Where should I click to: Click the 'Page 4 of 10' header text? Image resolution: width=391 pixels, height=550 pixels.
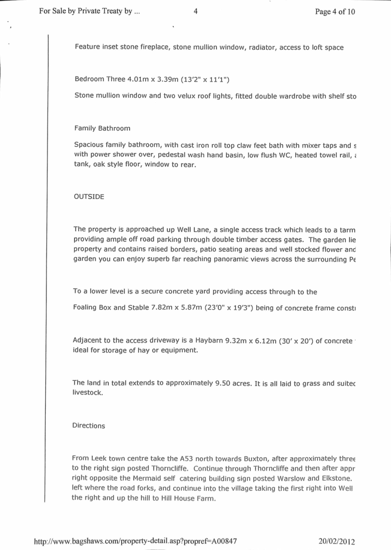click(x=335, y=12)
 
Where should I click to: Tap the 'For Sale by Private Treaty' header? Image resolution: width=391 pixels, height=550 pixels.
click(x=89, y=12)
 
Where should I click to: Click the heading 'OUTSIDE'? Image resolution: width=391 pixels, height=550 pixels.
click(x=89, y=197)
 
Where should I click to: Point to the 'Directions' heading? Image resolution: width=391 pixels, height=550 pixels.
click(x=89, y=426)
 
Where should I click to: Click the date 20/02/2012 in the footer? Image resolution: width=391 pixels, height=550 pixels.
click(x=337, y=541)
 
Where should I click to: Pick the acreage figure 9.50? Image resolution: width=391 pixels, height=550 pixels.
click(x=225, y=383)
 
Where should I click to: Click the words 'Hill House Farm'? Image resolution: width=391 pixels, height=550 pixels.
click(x=185, y=499)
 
